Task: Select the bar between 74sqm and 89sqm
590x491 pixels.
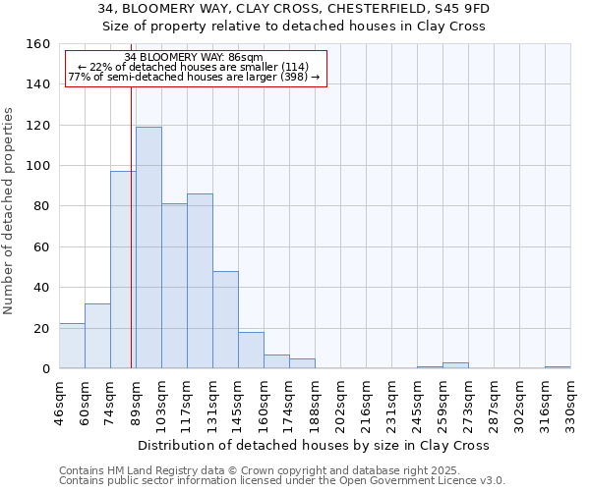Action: click(123, 270)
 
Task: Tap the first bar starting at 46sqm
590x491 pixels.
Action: click(72, 346)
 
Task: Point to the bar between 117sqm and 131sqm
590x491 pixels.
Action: click(200, 281)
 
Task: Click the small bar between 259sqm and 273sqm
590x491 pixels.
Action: click(455, 366)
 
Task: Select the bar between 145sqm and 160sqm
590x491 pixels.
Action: click(251, 351)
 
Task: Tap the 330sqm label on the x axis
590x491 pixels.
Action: click(571, 403)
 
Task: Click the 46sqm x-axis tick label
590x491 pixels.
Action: click(60, 403)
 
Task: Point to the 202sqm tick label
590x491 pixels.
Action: click(341, 403)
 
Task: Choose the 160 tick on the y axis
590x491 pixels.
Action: click(37, 44)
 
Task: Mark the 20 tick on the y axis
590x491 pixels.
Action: click(41, 328)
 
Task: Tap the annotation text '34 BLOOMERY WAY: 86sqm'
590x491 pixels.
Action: click(194, 57)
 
